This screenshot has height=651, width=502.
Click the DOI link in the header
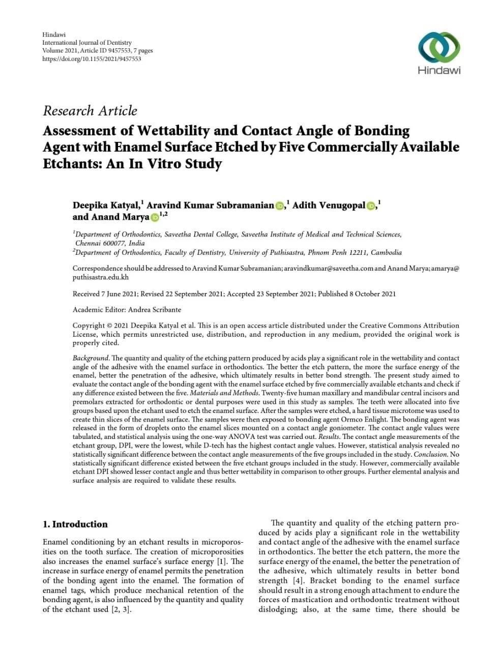[92, 58]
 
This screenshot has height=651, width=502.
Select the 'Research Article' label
[90, 111]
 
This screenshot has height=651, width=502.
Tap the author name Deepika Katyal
[106, 205]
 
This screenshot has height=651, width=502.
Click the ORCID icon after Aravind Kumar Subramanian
[280, 206]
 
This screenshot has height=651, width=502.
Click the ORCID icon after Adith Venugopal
[371, 206]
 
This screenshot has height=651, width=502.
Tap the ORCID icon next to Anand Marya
[155, 218]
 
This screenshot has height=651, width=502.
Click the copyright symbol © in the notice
[109, 325]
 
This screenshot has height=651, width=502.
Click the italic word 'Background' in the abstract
[91, 358]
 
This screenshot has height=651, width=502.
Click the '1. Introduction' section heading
[75, 524]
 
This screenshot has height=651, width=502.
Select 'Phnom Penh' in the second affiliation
[319, 252]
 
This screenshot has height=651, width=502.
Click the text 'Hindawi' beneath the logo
[439, 70]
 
